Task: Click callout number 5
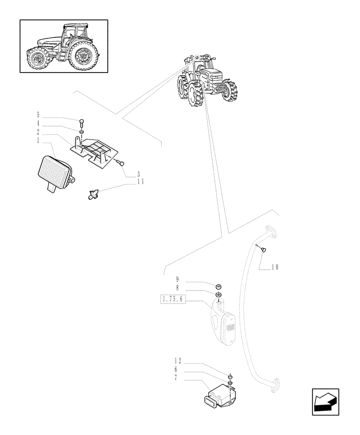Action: click(38, 115)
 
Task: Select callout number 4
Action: click(38, 124)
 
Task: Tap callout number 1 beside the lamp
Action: click(38, 141)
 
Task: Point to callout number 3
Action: click(138, 174)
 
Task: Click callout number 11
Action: click(140, 182)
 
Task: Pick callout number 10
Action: click(274, 267)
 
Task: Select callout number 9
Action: click(177, 280)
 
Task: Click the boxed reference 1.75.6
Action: click(173, 299)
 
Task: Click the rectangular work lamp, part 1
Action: click(56, 172)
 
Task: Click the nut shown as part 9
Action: click(220, 286)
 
